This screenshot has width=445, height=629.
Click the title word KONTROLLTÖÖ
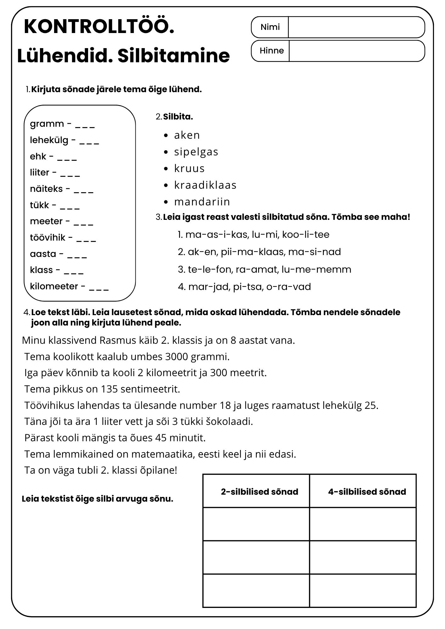(x=99, y=26)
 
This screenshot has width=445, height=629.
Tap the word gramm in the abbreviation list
(x=47, y=124)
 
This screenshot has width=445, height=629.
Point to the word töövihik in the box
(x=48, y=237)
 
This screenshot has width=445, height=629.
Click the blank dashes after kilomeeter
(x=99, y=287)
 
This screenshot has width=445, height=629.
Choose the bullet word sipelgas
(x=196, y=152)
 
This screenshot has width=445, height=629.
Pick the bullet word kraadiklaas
(x=205, y=185)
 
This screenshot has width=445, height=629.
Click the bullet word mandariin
(x=202, y=202)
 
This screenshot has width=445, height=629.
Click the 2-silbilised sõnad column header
(x=259, y=492)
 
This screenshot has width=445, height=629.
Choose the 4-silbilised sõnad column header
(x=367, y=492)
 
